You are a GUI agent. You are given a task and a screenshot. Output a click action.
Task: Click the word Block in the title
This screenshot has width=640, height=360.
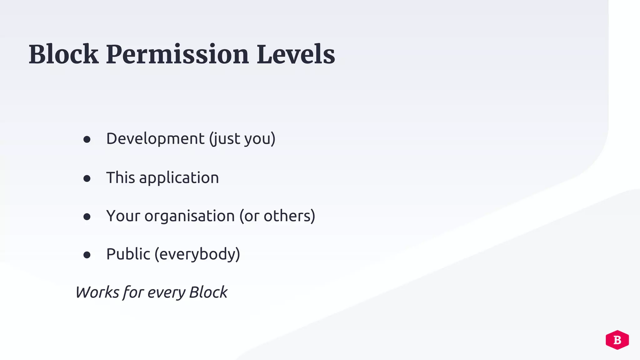(x=63, y=54)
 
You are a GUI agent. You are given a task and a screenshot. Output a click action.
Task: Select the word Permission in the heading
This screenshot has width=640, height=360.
(x=177, y=54)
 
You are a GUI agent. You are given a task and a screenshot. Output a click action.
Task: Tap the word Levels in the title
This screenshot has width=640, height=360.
(x=296, y=54)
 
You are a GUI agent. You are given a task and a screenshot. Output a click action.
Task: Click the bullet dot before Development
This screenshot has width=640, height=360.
(x=87, y=139)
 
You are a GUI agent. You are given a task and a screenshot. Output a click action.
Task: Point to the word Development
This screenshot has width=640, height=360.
(x=155, y=138)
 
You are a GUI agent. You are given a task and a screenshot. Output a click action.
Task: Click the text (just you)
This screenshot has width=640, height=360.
(x=242, y=139)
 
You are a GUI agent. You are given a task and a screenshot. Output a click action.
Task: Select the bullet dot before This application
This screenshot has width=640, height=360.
(x=87, y=178)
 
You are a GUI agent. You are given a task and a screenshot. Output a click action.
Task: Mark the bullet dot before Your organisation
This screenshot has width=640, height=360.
(x=87, y=217)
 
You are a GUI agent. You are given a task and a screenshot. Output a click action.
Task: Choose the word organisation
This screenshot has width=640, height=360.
(x=189, y=216)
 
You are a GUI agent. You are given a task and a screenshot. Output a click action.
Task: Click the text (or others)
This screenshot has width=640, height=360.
(x=277, y=216)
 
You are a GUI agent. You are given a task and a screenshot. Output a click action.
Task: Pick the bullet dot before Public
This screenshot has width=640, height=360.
(x=87, y=255)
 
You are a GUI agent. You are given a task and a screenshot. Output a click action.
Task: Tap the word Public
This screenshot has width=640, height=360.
(x=128, y=254)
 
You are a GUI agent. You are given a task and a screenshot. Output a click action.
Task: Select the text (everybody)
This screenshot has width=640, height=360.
(x=197, y=254)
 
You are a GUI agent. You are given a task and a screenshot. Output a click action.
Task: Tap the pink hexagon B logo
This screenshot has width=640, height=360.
(x=617, y=340)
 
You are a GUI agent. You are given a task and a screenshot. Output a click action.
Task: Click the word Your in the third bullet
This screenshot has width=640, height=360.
(x=123, y=216)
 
